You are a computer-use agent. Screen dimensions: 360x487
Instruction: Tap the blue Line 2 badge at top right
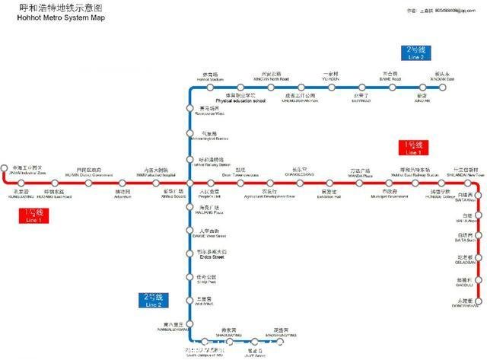(415, 53)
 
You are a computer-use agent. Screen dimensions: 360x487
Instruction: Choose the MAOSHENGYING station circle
(282, 341)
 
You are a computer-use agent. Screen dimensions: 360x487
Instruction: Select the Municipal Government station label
(390, 194)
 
